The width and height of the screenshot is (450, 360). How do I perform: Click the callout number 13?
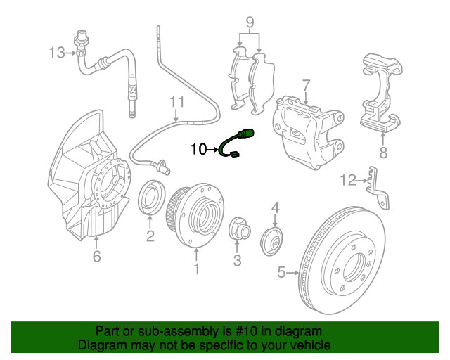pos(56,51)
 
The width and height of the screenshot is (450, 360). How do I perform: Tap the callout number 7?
pos(306,85)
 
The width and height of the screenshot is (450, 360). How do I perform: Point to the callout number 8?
pos(383,152)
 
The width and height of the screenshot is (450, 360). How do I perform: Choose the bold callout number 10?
pos(198,148)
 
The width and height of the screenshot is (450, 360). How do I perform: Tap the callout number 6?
pos(96,257)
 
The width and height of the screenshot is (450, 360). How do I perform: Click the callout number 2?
pos(150,236)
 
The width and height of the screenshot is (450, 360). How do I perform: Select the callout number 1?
pos(197,269)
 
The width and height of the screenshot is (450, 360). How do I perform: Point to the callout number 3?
pos(237,261)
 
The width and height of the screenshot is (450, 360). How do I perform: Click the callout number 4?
pos(276,207)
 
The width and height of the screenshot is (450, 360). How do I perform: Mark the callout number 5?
pos(282,272)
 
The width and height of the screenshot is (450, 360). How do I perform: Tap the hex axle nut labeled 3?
pos(238,229)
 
